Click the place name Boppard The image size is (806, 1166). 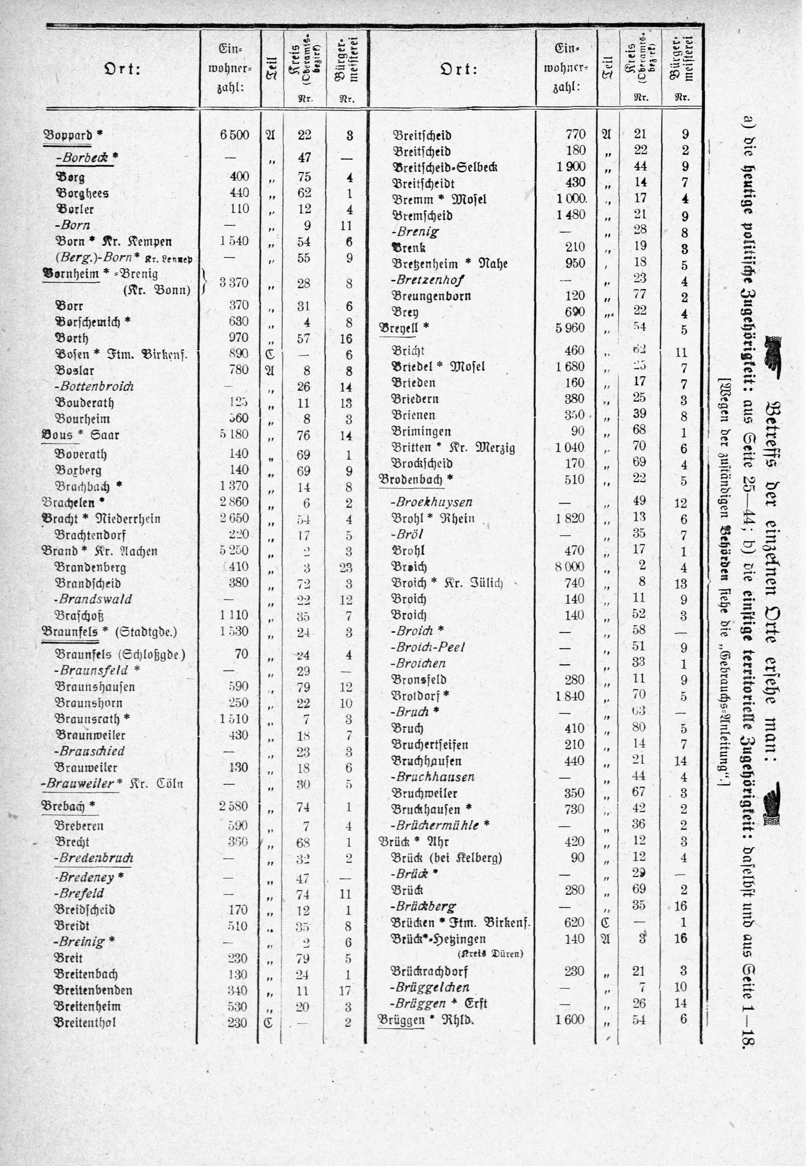click(x=69, y=135)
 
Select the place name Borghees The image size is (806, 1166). click(x=82, y=193)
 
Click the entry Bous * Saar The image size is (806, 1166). click(x=80, y=435)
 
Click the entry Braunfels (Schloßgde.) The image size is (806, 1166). click(x=120, y=654)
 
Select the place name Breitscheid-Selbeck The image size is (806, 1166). click(x=445, y=167)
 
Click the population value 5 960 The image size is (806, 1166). click(x=570, y=328)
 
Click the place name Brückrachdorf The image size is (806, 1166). click(x=429, y=971)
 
